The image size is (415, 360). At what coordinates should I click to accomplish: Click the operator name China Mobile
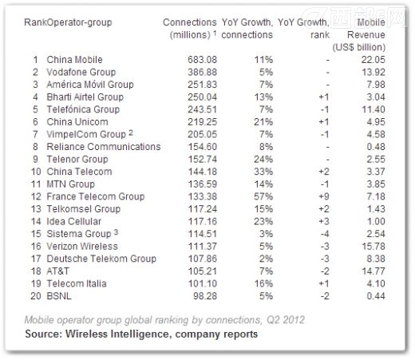(75, 61)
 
